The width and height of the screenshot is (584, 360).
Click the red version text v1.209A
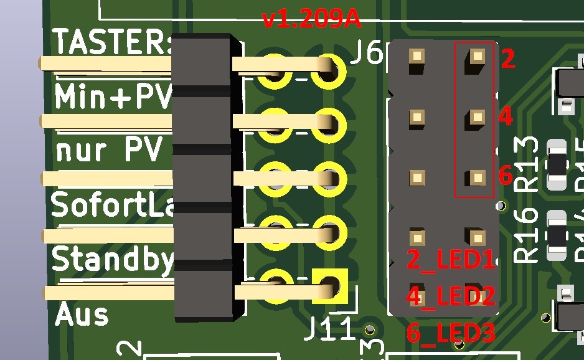[312, 19]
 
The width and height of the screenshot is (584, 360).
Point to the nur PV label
[109, 150]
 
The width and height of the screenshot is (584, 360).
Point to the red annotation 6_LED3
[451, 333]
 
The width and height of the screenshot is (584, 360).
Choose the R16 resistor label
[527, 233]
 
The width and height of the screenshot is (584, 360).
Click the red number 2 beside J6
[507, 59]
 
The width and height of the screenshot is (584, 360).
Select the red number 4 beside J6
[505, 116]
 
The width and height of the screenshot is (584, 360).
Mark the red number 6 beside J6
[506, 176]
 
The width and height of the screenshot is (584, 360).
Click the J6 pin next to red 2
[477, 57]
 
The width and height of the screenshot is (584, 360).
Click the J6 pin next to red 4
[477, 116]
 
